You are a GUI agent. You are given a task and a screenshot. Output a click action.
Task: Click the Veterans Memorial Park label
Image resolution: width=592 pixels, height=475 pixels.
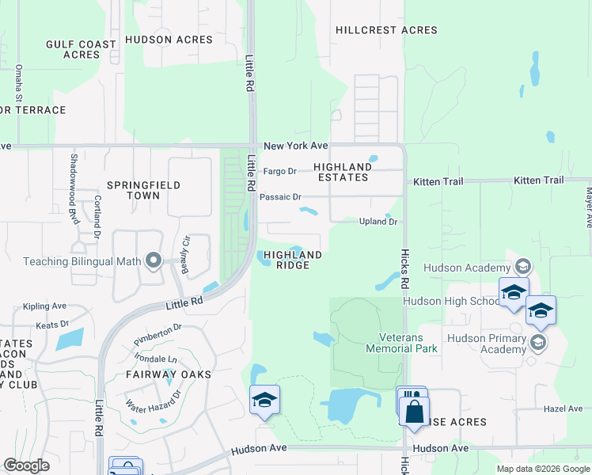click(402, 342)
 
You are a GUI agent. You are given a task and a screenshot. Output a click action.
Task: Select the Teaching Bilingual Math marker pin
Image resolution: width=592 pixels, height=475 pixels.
click(154, 260)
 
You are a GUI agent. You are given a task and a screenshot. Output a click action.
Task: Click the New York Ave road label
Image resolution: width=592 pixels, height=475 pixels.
click(295, 146)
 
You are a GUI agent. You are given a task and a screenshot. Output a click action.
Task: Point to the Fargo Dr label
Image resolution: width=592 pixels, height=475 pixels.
click(279, 171)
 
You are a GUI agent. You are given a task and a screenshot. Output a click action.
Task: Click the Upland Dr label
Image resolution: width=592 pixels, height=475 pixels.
click(378, 222)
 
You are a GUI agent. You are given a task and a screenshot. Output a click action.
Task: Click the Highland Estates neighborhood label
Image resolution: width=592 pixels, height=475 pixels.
click(343, 172)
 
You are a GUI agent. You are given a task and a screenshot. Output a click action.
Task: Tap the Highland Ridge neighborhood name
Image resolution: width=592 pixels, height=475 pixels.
click(293, 260)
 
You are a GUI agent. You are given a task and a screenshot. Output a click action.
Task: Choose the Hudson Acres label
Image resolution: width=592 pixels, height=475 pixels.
click(169, 40)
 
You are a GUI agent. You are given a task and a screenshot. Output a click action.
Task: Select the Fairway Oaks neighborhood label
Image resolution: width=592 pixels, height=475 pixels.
click(169, 374)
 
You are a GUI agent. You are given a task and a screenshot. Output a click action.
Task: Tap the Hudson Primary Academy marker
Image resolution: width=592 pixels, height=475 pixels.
click(538, 341)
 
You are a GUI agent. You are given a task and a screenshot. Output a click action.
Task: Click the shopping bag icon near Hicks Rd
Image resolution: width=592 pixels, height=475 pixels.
click(414, 412)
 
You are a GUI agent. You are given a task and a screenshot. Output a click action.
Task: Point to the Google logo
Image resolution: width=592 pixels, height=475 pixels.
click(26, 465)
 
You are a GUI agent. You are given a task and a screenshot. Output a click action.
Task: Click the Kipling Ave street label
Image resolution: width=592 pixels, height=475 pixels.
click(45, 306)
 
